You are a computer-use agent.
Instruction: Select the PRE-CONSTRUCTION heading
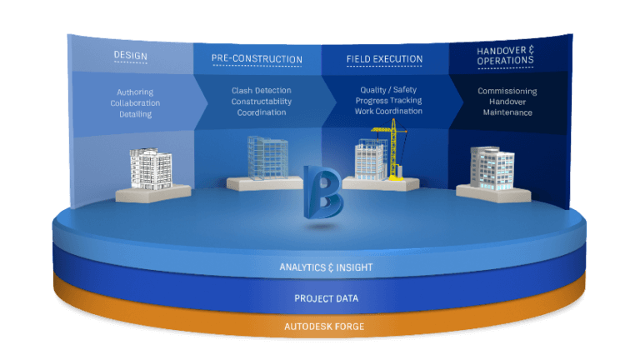click(x=257, y=58)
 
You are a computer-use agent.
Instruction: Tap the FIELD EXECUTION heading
click(x=384, y=59)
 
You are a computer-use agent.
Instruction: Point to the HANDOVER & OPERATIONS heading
click(x=505, y=55)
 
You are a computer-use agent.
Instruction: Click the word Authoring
click(x=135, y=92)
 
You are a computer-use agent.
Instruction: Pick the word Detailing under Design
click(x=135, y=114)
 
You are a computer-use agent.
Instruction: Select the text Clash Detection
click(x=262, y=90)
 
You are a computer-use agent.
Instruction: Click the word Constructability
click(x=262, y=101)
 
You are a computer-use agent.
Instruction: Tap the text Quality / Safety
click(x=388, y=90)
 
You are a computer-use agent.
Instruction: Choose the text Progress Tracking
click(x=388, y=101)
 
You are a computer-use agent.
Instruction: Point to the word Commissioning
click(x=507, y=91)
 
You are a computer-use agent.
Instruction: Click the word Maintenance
click(x=507, y=112)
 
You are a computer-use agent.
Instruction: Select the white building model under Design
click(x=151, y=168)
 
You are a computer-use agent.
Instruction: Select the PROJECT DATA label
click(x=319, y=297)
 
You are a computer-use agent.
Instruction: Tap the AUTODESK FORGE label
click(x=319, y=326)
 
